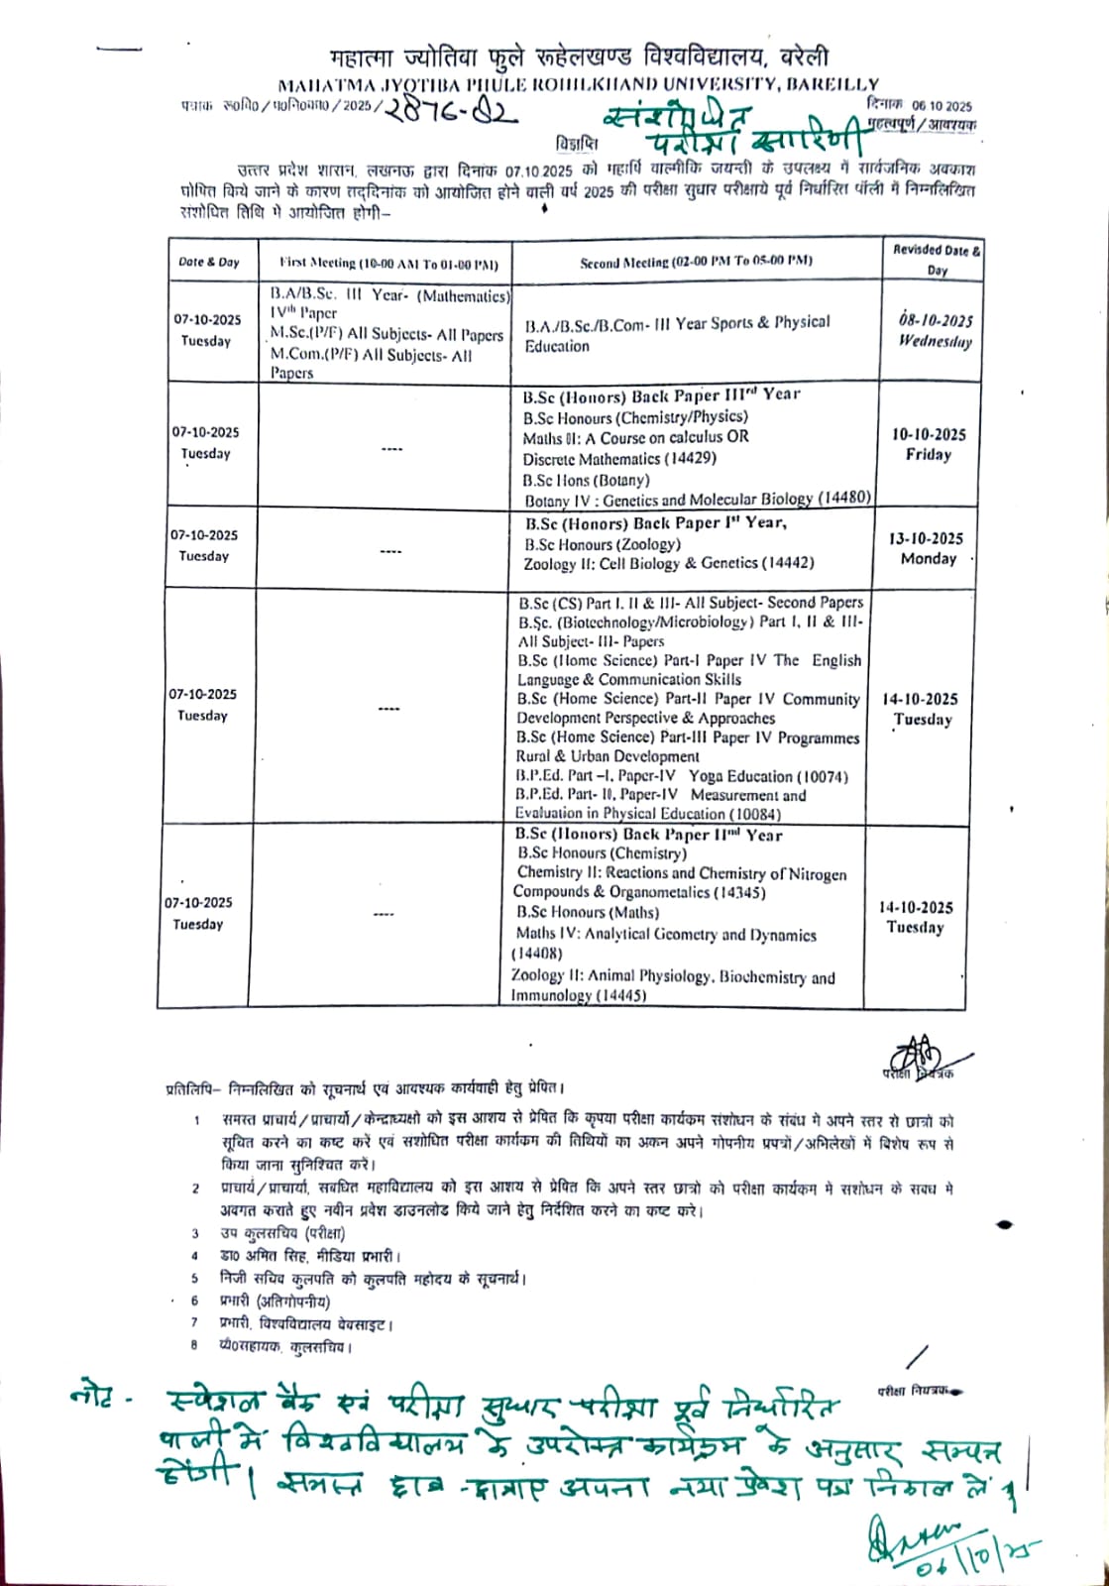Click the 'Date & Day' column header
point(208,263)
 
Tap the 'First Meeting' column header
point(388,264)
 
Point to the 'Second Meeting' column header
point(696,262)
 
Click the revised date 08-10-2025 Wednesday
point(936,330)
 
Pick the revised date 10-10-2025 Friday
point(929,444)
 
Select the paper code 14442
point(788,563)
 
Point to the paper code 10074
point(823,776)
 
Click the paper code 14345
point(739,892)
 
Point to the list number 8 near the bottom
point(195,1346)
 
